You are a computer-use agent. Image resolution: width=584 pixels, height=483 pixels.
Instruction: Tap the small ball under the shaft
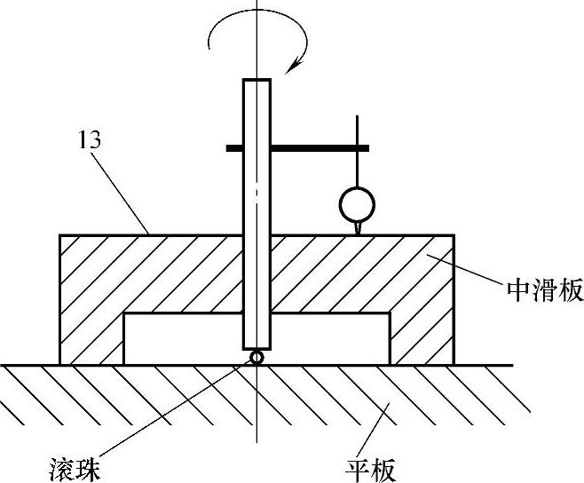(x=256, y=357)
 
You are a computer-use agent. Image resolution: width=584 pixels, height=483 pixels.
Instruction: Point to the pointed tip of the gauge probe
(x=357, y=232)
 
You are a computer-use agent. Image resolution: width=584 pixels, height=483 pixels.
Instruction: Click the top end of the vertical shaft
(x=256, y=82)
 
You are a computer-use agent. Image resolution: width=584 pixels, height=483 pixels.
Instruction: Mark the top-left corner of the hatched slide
(x=60, y=235)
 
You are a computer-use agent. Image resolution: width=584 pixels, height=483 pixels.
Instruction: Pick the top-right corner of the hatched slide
(x=454, y=235)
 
